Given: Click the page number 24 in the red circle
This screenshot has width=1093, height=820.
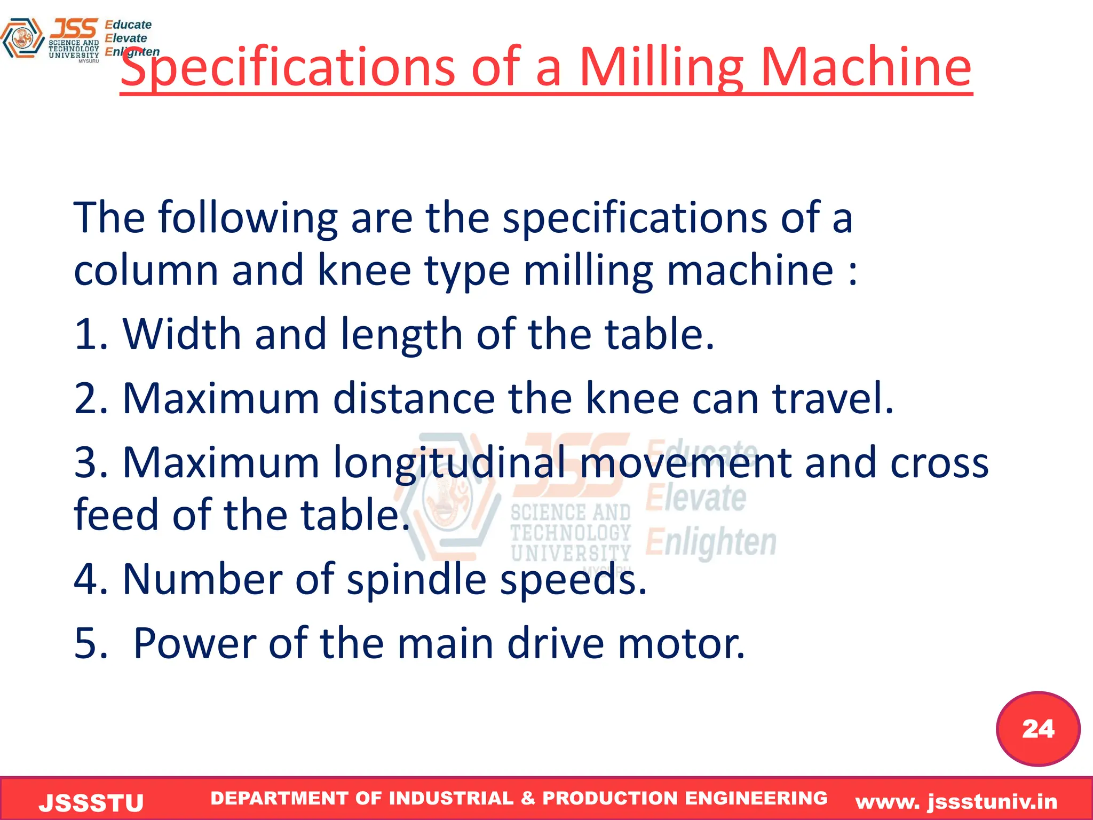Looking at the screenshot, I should [1038, 729].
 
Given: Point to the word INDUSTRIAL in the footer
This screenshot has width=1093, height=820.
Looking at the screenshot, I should [452, 798].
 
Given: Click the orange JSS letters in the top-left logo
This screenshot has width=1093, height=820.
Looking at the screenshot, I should [74, 28].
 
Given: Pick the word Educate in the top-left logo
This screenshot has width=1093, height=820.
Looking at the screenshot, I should [128, 25].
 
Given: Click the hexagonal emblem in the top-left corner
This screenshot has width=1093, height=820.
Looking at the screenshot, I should [22, 38].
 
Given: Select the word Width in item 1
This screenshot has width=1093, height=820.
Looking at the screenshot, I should [182, 334].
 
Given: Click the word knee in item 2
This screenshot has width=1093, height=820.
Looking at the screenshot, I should [632, 398].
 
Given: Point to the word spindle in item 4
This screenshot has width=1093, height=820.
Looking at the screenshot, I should [416, 580].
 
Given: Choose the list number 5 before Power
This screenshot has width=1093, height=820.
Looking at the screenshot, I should [85, 643].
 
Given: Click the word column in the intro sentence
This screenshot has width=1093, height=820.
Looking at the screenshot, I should [146, 270].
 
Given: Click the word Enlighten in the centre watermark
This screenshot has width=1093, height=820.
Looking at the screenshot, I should [711, 542].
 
